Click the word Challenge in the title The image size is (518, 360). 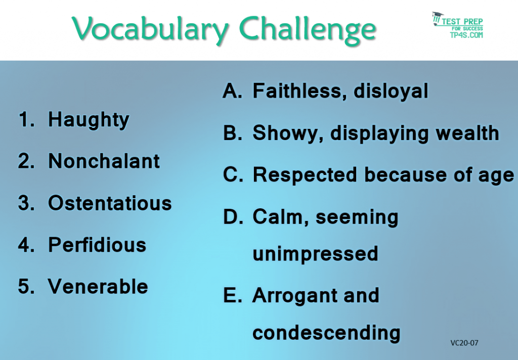pos(308,29)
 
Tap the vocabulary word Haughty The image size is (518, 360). pos(89,120)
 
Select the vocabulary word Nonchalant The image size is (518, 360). pos(104,161)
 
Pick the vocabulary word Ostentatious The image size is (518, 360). pos(110,203)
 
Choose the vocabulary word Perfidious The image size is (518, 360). pos(97,245)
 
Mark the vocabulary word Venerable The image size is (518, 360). pos(98,287)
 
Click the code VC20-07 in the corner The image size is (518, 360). pos(464,343)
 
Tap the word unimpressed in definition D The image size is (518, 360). pos(315,253)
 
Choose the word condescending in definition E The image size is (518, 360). pos(326,333)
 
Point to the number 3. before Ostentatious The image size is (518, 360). pos(25,203)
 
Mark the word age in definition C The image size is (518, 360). pos(497,175)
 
